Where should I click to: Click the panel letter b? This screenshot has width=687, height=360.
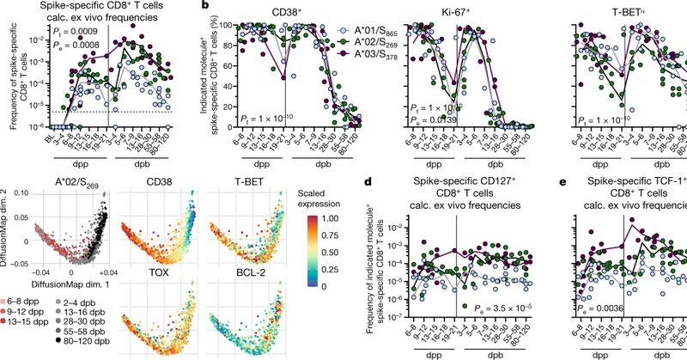pos(204,6)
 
